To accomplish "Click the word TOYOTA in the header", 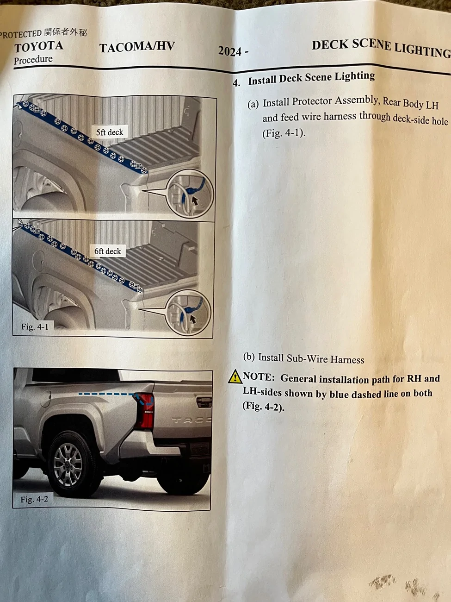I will [x=38, y=46].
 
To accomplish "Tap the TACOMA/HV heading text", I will [x=137, y=46].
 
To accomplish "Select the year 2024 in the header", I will [x=230, y=50].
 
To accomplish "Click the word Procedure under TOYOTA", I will [x=33, y=60].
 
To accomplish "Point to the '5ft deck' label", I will [x=110, y=132].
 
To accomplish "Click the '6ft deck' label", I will [x=108, y=251].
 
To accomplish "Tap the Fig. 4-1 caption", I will [x=35, y=327].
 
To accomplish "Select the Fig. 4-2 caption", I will [x=34, y=500].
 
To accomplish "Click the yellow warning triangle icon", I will [x=235, y=377].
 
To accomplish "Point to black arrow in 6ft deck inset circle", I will [x=193, y=319].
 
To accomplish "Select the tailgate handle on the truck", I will [x=204, y=402].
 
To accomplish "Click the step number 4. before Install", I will [x=236, y=83].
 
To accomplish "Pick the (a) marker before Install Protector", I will [x=253, y=104].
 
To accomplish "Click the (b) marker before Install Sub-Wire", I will [x=249, y=357].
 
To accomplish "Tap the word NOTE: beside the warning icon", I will [x=259, y=377].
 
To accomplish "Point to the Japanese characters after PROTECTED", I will [x=66, y=32].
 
